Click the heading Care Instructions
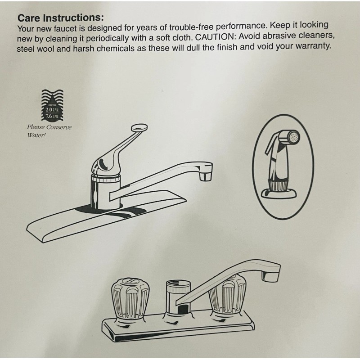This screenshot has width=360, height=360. pos(60,18)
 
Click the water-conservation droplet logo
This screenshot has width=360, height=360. pos(53,106)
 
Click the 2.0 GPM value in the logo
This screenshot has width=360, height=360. pos(52,109)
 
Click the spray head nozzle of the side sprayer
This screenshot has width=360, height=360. pos(292,136)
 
